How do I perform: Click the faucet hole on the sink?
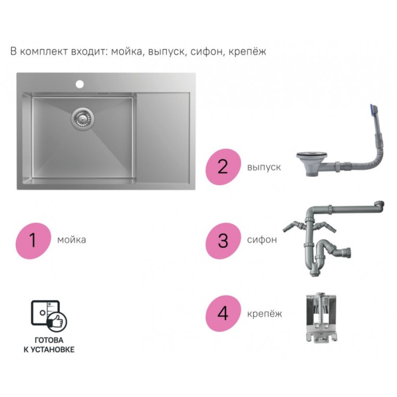tap(79, 84)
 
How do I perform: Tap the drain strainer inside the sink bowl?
tap(82, 118)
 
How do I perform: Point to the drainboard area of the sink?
tap(163, 138)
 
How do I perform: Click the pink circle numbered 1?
tap(33, 241)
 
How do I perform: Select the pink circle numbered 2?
tap(223, 167)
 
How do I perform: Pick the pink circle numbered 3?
tap(223, 241)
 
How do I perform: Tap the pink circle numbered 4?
tap(223, 314)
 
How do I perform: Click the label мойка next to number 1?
tap(71, 240)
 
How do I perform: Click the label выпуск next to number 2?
tap(264, 167)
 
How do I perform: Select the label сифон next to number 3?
tap(262, 240)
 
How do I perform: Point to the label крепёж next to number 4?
tap(265, 314)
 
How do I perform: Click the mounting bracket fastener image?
tap(321, 318)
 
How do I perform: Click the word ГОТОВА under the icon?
tap(49, 340)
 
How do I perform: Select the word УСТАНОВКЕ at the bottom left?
tap(53, 350)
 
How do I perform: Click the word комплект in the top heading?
tap(44, 52)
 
